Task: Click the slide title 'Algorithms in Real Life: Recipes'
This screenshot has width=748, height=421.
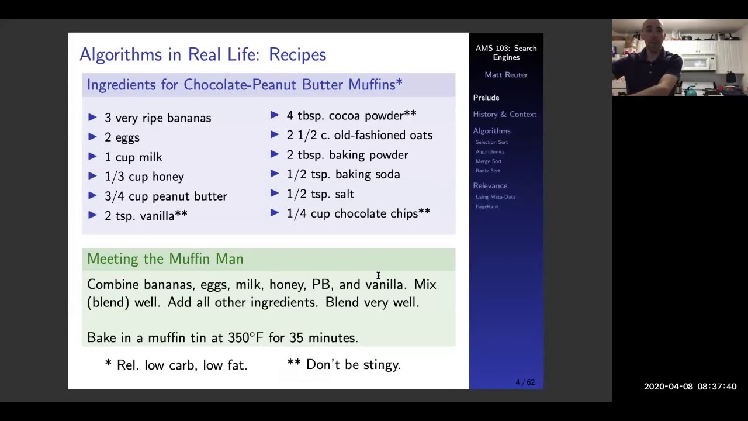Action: point(203,54)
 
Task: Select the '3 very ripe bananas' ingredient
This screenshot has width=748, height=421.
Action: point(157,118)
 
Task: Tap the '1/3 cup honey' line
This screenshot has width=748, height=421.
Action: point(144,177)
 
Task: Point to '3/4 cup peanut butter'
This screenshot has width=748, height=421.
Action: point(165,196)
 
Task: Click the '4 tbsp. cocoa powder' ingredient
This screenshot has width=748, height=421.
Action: point(351,116)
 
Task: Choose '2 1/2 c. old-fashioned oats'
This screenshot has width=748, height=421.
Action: point(359,135)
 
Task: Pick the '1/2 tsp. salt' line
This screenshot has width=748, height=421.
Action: point(320,194)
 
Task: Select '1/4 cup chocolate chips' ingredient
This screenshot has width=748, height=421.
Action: point(358,213)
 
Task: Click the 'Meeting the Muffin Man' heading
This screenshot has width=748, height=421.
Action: point(165,258)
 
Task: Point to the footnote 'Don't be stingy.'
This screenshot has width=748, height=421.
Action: point(353,365)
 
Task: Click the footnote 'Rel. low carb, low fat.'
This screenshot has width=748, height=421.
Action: point(182,365)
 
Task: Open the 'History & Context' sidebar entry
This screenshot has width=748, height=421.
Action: point(504,115)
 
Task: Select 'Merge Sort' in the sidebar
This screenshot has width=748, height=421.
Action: point(488,161)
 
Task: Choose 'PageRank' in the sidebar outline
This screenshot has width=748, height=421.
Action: point(487,206)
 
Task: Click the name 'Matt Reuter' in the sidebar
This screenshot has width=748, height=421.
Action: point(506,75)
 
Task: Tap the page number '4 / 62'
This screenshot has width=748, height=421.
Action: point(525,382)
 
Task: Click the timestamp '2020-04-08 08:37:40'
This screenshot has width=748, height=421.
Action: point(690,387)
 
